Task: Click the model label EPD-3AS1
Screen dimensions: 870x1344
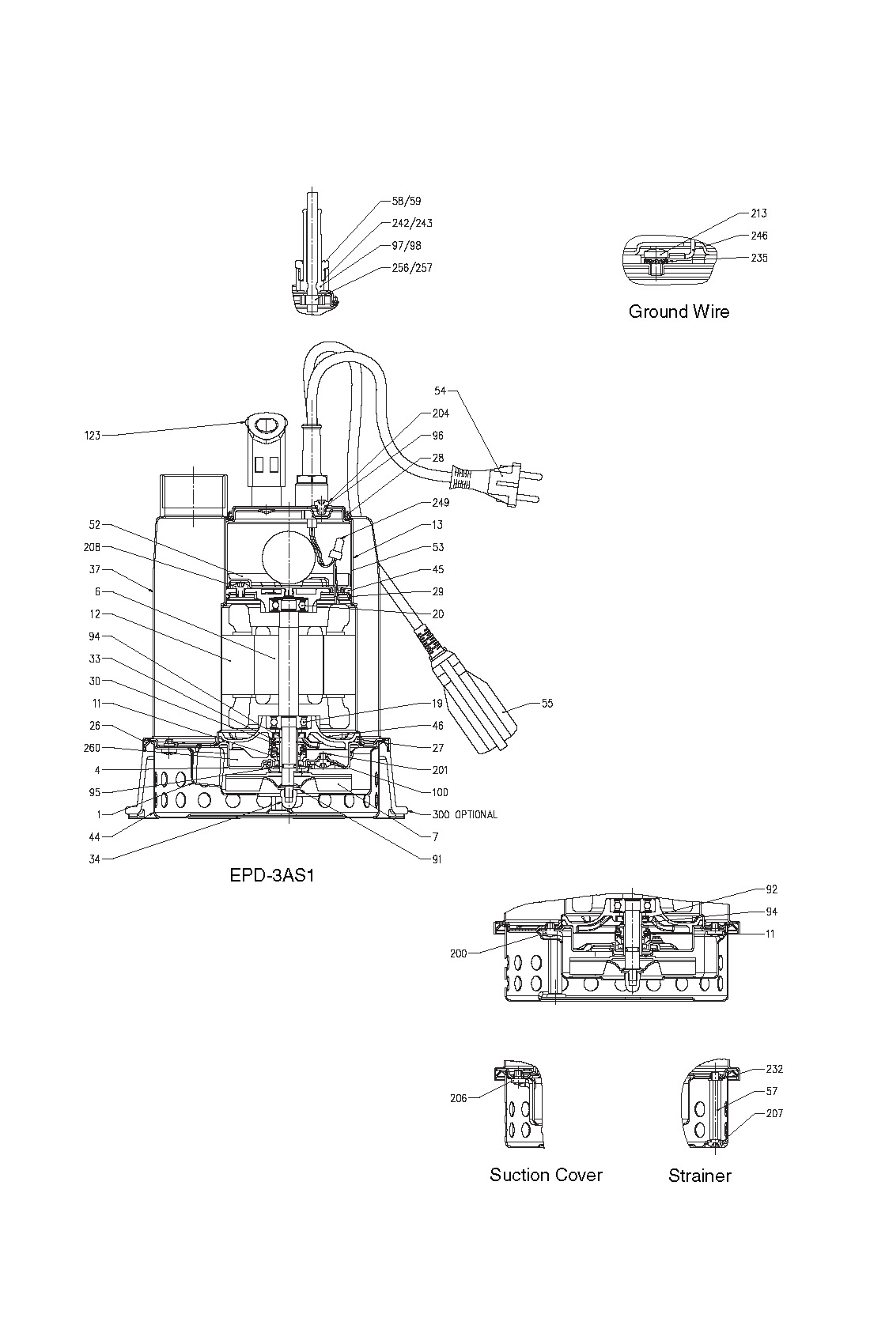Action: click(x=272, y=875)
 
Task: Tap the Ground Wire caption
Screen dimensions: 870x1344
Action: click(x=679, y=311)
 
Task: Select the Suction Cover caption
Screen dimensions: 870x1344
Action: click(x=546, y=1175)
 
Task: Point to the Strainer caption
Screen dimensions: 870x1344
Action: click(x=699, y=1176)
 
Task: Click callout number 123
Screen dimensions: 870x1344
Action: click(x=92, y=436)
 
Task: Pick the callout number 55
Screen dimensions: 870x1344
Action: click(x=547, y=703)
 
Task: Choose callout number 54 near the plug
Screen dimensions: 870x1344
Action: click(x=440, y=391)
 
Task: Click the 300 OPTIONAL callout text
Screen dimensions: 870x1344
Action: click(x=465, y=815)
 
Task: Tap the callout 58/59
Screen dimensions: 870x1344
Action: click(x=407, y=201)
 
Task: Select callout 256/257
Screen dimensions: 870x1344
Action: click(x=412, y=268)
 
